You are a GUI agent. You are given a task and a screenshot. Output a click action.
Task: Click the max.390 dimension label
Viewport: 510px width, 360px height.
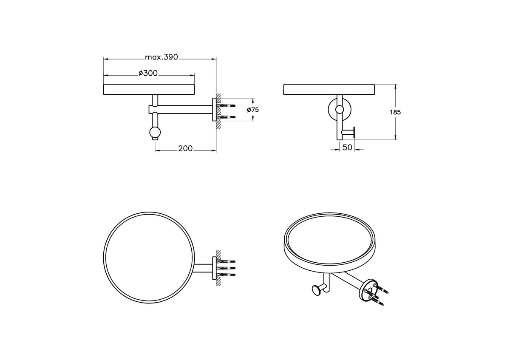click(161, 57)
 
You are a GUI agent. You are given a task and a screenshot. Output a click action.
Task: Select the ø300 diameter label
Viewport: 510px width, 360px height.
click(148, 74)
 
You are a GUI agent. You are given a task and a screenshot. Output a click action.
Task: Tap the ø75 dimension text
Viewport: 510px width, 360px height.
click(253, 110)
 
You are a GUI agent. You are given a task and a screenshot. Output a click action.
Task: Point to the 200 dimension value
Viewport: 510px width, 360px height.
click(185, 148)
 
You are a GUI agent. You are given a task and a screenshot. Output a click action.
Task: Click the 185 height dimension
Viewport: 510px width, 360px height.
click(395, 112)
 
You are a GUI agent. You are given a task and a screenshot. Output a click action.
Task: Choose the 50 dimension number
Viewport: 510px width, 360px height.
click(347, 147)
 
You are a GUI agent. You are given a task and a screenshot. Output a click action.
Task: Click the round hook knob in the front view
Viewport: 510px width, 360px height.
click(155, 132)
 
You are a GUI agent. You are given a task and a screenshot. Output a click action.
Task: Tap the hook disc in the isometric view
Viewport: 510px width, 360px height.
click(315, 291)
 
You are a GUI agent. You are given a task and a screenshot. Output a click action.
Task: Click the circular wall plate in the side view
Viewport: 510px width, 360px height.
click(340, 110)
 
